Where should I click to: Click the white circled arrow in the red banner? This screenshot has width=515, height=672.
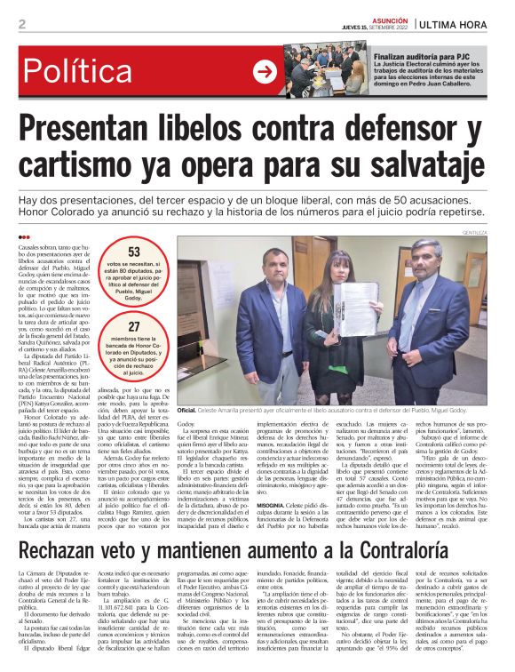pyautogui.click(x=265, y=70)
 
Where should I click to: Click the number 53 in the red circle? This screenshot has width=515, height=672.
pyautogui.click(x=133, y=252)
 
